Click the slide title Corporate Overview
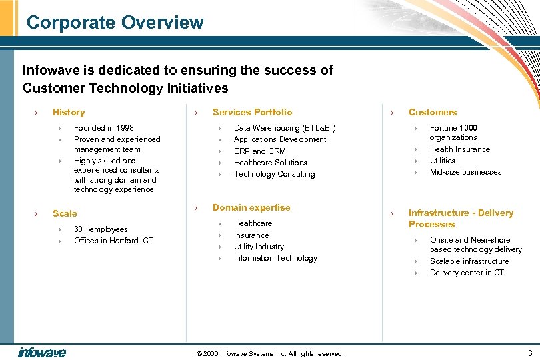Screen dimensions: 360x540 coord(115,23)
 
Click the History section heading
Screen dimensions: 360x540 coord(69,112)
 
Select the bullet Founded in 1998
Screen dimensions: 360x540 coord(103,128)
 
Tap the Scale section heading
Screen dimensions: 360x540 coord(65,213)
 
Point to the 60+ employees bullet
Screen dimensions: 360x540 coord(101,229)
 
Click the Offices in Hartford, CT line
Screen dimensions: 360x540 coord(113,241)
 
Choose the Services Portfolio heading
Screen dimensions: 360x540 coord(252,112)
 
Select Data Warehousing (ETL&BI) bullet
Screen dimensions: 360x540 coord(285,128)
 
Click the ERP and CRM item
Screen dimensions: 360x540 coord(259,151)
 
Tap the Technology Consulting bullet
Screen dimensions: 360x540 coord(274,174)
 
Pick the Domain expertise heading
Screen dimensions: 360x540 coord(251,207)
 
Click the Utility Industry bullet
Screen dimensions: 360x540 coord(259,247)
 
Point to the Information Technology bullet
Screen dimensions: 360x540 coord(275,258)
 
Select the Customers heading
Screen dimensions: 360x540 coord(433,112)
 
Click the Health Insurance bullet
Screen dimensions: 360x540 coord(459,149)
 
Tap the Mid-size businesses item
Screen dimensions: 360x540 coord(465,172)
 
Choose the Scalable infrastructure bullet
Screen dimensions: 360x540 coord(469,261)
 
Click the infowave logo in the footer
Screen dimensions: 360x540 coord(42,352)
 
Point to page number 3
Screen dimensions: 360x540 coord(529,353)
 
